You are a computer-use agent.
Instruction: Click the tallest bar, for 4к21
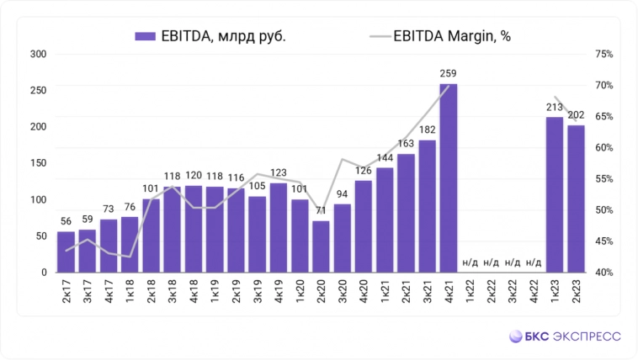click(449, 178)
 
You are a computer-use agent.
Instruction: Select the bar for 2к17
click(66, 251)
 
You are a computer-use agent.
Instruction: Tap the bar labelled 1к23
click(555, 194)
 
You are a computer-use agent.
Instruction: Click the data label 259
click(449, 74)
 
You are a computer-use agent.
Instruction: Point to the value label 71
click(321, 210)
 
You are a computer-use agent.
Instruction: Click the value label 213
click(555, 107)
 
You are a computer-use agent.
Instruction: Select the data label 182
click(428, 130)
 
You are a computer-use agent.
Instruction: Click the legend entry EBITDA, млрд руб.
click(210, 36)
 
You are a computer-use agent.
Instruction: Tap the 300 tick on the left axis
click(38, 55)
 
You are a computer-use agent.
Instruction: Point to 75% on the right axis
click(604, 55)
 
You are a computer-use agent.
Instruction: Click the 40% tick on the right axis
click(604, 273)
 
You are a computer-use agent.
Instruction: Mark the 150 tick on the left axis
click(38, 163)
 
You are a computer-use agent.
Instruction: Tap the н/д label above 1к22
click(470, 262)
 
